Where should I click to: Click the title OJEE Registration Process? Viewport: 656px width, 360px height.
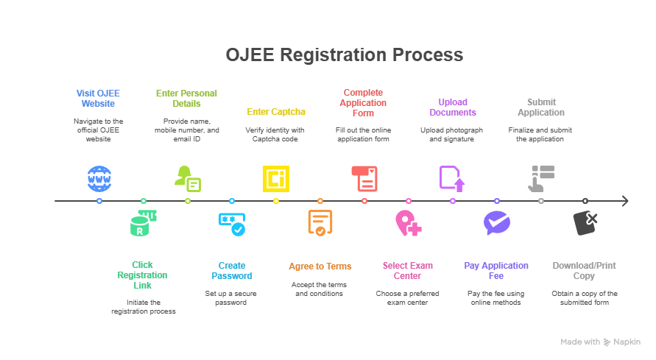click(x=344, y=55)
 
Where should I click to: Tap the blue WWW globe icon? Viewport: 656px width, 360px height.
click(x=99, y=178)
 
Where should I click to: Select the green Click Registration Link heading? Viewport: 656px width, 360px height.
click(x=143, y=275)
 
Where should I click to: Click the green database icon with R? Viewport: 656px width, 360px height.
click(x=142, y=224)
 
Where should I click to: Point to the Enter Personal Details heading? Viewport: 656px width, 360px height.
click(x=186, y=99)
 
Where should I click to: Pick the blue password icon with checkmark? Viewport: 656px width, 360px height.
click(x=232, y=224)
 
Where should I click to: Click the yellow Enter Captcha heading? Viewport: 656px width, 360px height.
click(x=275, y=112)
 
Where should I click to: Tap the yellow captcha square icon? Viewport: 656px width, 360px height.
click(x=276, y=178)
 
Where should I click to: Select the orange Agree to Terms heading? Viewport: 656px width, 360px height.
click(x=320, y=266)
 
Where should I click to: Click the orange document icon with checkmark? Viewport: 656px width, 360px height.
click(x=320, y=224)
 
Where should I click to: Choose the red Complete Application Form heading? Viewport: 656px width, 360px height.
click(x=363, y=102)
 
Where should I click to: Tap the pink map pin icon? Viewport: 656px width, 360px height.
click(x=408, y=223)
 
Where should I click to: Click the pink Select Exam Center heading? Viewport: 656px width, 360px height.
click(x=408, y=271)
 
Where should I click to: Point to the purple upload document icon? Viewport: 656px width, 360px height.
click(x=452, y=178)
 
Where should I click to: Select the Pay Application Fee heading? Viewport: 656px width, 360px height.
click(x=496, y=271)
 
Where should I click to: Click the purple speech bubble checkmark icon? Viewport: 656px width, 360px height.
click(x=496, y=223)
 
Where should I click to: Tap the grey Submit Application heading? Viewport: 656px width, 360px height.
click(x=540, y=107)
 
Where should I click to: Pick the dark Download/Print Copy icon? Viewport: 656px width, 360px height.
click(x=585, y=223)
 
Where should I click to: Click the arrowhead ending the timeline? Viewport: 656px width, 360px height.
click(x=624, y=201)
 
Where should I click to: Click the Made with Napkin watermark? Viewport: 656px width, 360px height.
click(x=600, y=342)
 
